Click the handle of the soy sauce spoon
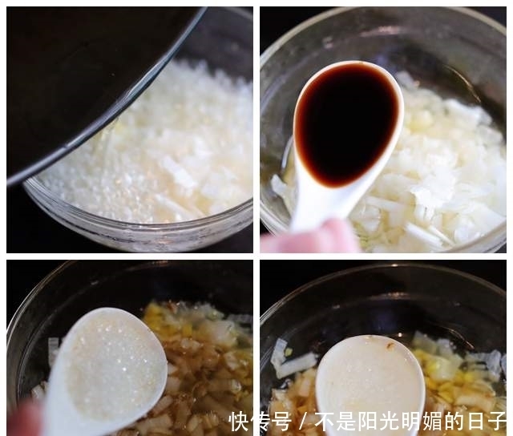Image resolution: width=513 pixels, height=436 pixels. click(x=309, y=208)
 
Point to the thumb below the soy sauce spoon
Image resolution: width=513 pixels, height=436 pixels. click(x=313, y=240)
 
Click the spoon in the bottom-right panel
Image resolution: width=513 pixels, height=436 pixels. click(x=369, y=381)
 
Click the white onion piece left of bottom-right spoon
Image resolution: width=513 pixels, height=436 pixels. click(x=293, y=365)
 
